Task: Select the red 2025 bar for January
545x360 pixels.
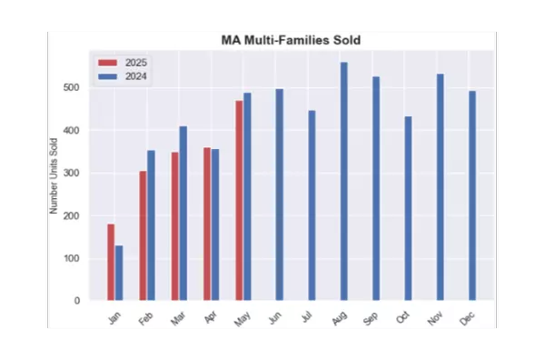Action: [x=111, y=262]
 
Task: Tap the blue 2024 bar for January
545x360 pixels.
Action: [x=119, y=273]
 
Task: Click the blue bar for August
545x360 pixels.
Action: [x=343, y=181]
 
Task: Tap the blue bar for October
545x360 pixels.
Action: [x=408, y=208]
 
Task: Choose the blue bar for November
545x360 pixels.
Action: [x=440, y=187]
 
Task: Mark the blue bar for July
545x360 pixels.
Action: [x=312, y=205]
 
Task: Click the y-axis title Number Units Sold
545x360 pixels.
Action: [x=54, y=175]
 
